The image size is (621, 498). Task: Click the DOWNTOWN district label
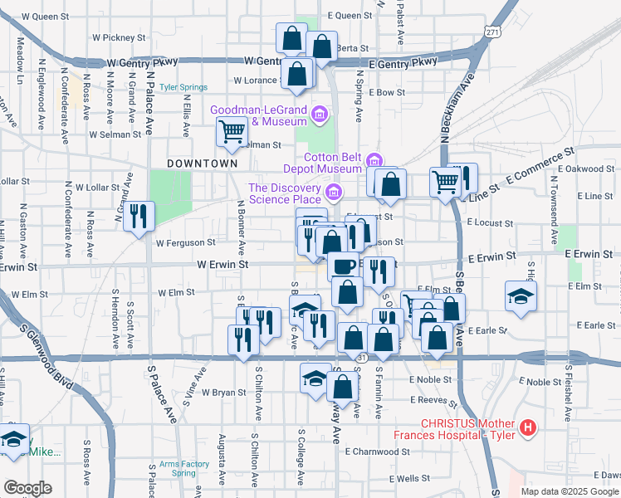pos(203,164)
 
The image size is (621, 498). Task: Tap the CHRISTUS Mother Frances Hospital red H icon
pos(527,428)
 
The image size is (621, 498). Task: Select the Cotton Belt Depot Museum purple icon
pos(374,159)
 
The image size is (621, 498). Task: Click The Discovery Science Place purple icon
pos(333,193)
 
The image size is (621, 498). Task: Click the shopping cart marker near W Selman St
pos(232,130)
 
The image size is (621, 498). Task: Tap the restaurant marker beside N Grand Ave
pos(139,215)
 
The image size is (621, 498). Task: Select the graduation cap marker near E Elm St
pos(520,295)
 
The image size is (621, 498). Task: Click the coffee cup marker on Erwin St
pos(343,266)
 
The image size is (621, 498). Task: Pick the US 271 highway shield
pos(493,32)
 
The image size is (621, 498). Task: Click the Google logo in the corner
pos(27,488)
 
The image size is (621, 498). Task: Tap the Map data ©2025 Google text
pos(569,491)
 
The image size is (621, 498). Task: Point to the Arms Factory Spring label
pos(183,469)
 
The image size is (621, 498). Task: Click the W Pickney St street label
pos(119,37)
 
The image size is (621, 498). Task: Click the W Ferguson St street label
pos(185,243)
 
